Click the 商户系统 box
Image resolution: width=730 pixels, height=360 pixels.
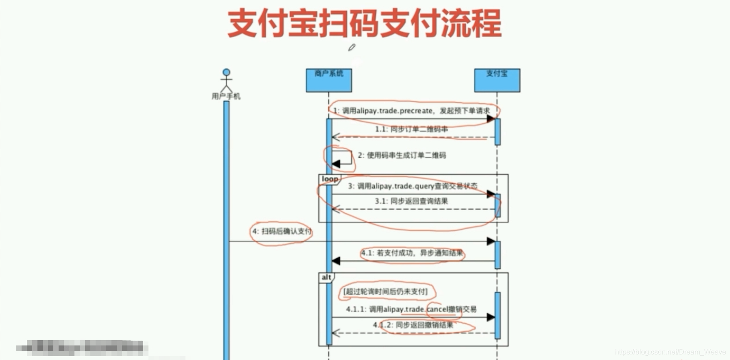(329, 80)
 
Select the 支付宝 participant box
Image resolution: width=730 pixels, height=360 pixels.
(497, 80)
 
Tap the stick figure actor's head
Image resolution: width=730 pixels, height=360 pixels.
(226, 72)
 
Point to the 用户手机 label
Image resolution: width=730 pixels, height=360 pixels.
(226, 96)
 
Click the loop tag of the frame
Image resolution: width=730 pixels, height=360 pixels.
(330, 179)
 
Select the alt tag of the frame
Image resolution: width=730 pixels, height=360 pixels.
(326, 277)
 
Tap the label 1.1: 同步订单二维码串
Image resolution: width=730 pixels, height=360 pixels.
(411, 129)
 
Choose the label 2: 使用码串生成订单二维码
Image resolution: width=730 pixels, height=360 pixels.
(401, 155)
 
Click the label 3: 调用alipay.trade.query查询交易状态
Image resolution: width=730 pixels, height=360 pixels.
(412, 186)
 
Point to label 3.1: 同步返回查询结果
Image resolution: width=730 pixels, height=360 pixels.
(411, 201)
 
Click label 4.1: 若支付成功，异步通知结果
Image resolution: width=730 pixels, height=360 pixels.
(412, 253)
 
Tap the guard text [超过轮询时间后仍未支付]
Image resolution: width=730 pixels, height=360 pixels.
(385, 291)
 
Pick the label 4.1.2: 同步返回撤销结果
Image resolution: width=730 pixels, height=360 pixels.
(413, 325)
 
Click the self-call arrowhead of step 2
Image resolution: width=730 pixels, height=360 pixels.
(336, 164)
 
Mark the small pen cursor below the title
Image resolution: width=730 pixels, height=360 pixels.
(352, 47)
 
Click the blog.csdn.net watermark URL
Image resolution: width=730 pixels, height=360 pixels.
(670, 352)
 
